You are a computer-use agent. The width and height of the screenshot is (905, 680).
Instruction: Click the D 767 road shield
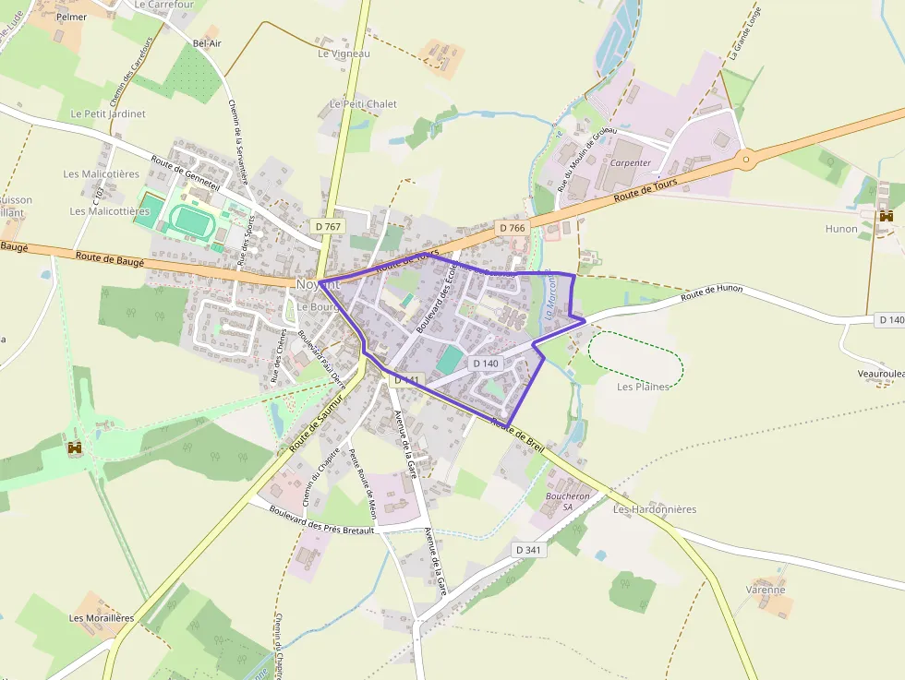328,226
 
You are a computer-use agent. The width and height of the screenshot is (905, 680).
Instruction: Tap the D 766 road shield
512,227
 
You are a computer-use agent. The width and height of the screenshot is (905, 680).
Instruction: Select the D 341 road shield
529,550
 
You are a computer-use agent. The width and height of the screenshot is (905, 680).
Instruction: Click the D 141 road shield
407,380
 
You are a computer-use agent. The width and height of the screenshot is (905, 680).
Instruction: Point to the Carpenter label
630,162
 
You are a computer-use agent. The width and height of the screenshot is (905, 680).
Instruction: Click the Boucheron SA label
567,501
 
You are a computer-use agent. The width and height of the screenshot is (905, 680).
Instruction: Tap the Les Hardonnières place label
655,509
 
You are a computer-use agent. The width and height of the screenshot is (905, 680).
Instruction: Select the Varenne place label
766,590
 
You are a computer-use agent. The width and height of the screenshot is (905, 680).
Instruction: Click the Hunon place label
841,229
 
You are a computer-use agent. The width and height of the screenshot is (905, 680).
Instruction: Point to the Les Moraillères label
102,618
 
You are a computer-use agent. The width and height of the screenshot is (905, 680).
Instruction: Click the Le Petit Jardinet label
108,114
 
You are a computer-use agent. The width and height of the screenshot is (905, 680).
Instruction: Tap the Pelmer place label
71,17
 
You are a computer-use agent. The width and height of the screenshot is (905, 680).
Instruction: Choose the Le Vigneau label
344,54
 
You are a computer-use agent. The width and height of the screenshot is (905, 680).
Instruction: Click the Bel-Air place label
207,43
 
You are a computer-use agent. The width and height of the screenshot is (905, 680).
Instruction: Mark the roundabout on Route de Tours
745,159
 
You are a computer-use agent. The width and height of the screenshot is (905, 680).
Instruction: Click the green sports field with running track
191,220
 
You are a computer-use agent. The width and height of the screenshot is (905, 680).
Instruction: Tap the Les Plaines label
643,387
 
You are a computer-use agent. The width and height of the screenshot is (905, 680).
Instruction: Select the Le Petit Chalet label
363,104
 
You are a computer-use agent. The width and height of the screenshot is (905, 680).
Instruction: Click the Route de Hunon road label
712,293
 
